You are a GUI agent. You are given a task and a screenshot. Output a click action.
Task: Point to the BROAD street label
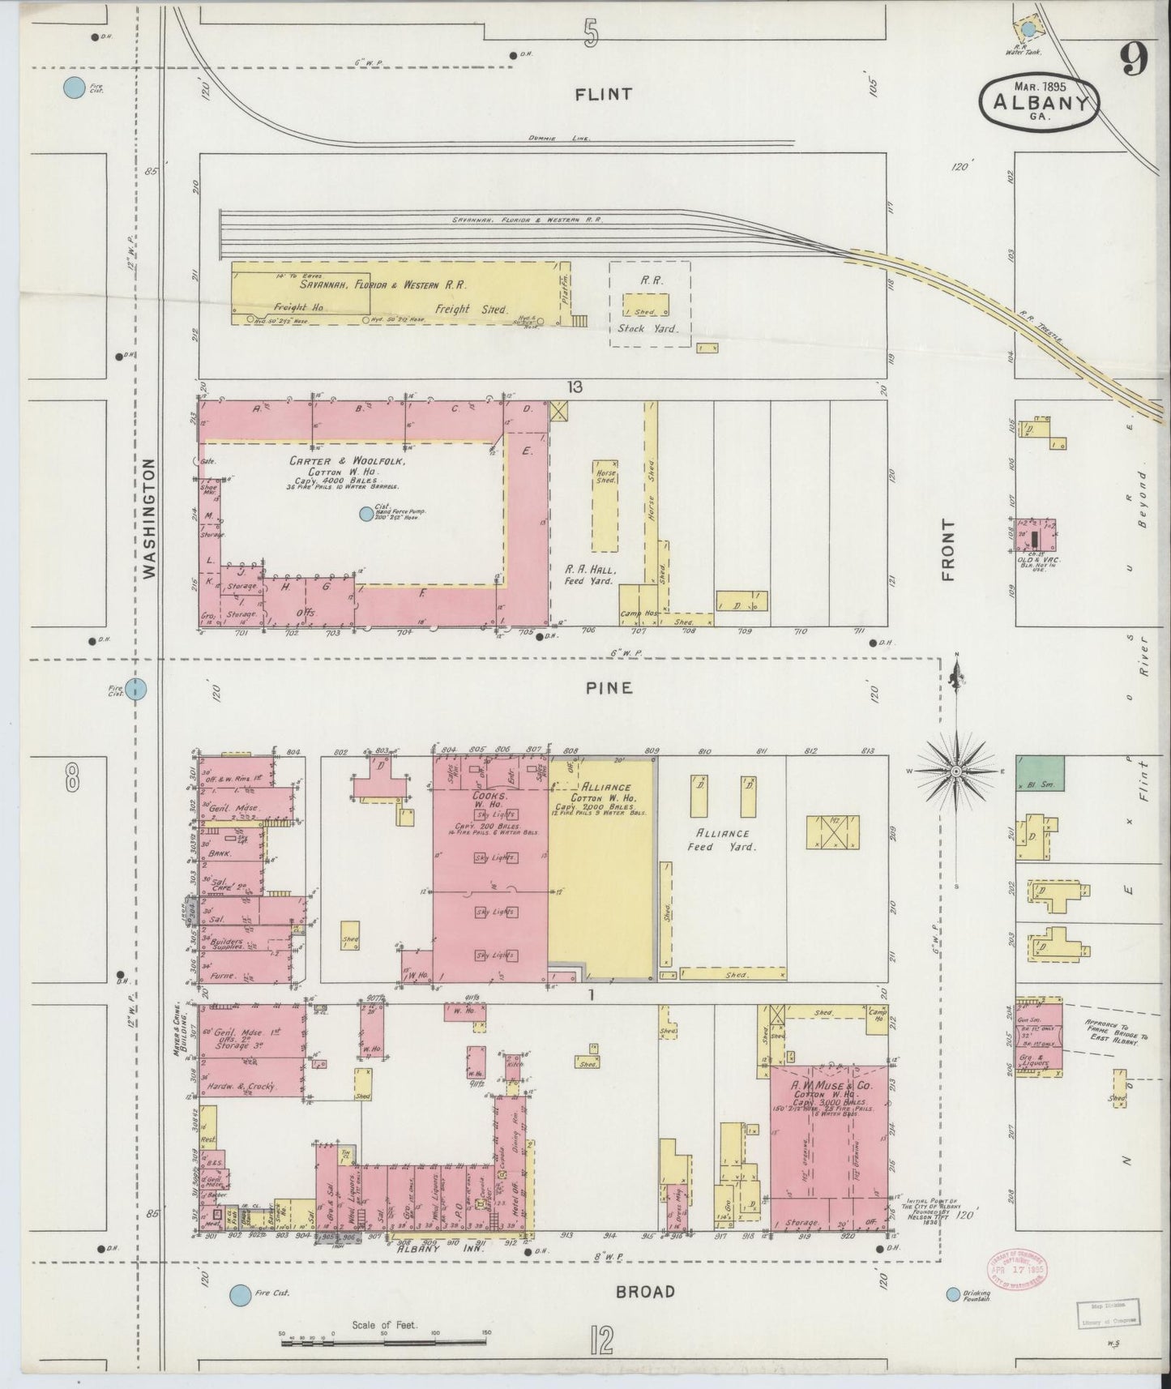pyautogui.click(x=645, y=1291)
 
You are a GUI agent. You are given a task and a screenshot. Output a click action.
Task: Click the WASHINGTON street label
pyautogui.click(x=148, y=519)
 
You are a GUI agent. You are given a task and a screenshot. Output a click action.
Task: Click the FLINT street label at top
pyautogui.click(x=603, y=94)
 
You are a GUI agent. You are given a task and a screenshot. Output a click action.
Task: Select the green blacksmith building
pyautogui.click(x=1041, y=773)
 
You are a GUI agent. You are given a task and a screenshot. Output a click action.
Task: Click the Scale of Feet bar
pyautogui.click(x=383, y=1343)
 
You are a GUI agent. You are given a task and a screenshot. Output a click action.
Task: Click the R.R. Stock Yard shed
pyautogui.click(x=646, y=305)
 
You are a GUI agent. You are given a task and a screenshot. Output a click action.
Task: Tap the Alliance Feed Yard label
pyautogui.click(x=725, y=839)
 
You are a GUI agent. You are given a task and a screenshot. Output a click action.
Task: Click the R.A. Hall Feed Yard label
pyautogui.click(x=591, y=575)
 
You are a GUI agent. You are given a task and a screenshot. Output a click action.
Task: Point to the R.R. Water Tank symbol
pyautogui.click(x=1028, y=30)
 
